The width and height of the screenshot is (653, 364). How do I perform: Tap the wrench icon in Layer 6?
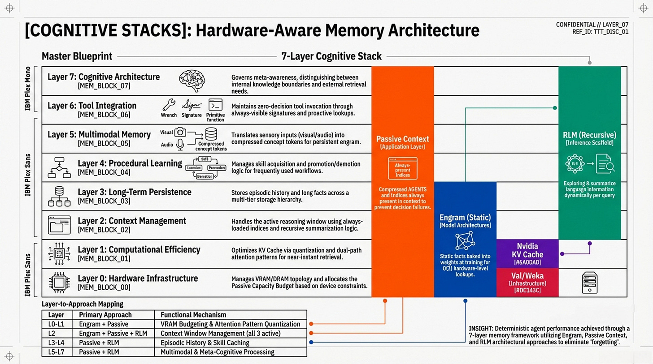pyautogui.click(x=169, y=105)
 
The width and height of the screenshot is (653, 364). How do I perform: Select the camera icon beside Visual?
pyautogui.click(x=180, y=132)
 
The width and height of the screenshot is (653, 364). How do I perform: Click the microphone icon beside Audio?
pyautogui.click(x=180, y=144)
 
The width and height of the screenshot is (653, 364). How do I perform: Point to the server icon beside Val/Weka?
pyautogui.click(x=589, y=283)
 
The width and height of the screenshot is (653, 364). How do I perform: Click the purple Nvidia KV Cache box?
pyautogui.click(x=527, y=253)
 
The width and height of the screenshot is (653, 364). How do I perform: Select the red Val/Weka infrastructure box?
pyautogui.click(x=527, y=282)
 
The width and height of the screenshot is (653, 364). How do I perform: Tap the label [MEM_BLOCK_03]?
pyautogui.click(x=104, y=201)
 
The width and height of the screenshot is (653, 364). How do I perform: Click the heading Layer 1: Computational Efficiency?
pyautogui.click(x=139, y=249)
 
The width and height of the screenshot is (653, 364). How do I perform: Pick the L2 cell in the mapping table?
pyautogui.click(x=53, y=333)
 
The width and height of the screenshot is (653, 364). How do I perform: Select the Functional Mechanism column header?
pyautogui.click(x=193, y=314)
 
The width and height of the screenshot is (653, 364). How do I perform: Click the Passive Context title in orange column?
pyautogui.click(x=402, y=139)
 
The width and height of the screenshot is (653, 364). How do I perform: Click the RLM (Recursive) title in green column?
pyautogui.click(x=589, y=135)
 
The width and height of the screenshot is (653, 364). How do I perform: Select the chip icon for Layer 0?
pyautogui.click(x=58, y=283)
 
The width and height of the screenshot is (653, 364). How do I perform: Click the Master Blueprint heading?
pyautogui.click(x=77, y=56)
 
